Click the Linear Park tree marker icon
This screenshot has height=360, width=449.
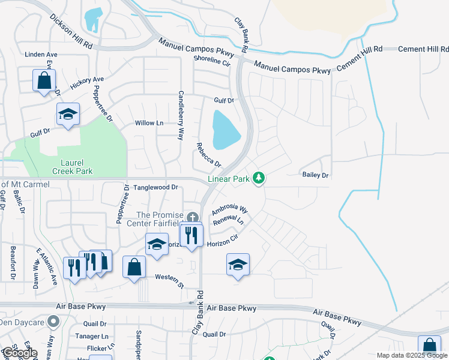pos(259,178)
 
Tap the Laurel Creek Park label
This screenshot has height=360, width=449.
pos(77,167)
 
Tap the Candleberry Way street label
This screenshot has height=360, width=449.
pos(180,115)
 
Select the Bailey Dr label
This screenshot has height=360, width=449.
pos(316,175)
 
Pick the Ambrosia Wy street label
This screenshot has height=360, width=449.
pos(230,210)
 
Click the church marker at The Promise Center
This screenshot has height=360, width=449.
pos(193,217)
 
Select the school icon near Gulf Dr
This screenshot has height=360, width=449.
pos(68,114)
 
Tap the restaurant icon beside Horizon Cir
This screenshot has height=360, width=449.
pos(191,235)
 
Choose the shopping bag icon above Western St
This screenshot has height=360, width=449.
pos(134,267)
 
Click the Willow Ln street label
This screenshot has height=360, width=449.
pos(149,123)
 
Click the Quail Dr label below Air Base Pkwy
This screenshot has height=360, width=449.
pos(214,334)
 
